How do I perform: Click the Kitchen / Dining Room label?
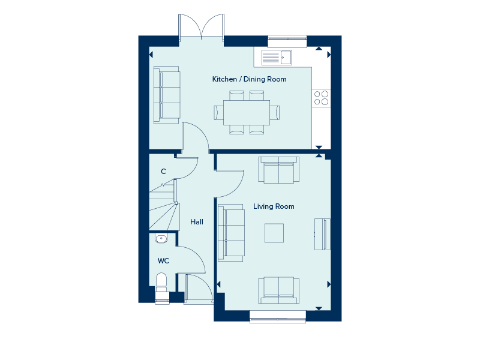pyautogui.click(x=249, y=79)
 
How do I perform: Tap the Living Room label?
pyautogui.click(x=274, y=206)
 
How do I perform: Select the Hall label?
pyautogui.click(x=197, y=222)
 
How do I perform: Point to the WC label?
pyautogui.click(x=163, y=261)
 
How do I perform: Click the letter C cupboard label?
pyautogui.click(x=163, y=172)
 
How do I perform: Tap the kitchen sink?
pyautogui.click(x=277, y=57)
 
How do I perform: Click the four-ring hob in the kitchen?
pyautogui.click(x=321, y=97)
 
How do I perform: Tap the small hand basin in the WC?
pyautogui.click(x=161, y=239)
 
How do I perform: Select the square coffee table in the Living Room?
pyautogui.click(x=275, y=233)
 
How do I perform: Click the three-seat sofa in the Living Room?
pyautogui.click(x=232, y=233)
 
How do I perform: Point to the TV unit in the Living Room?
pyautogui.click(x=323, y=234)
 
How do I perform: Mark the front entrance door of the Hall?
pyautogui.click(x=199, y=289)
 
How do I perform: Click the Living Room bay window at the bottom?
pyautogui.click(x=278, y=316)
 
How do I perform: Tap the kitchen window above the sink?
pyautogui.click(x=287, y=40)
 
